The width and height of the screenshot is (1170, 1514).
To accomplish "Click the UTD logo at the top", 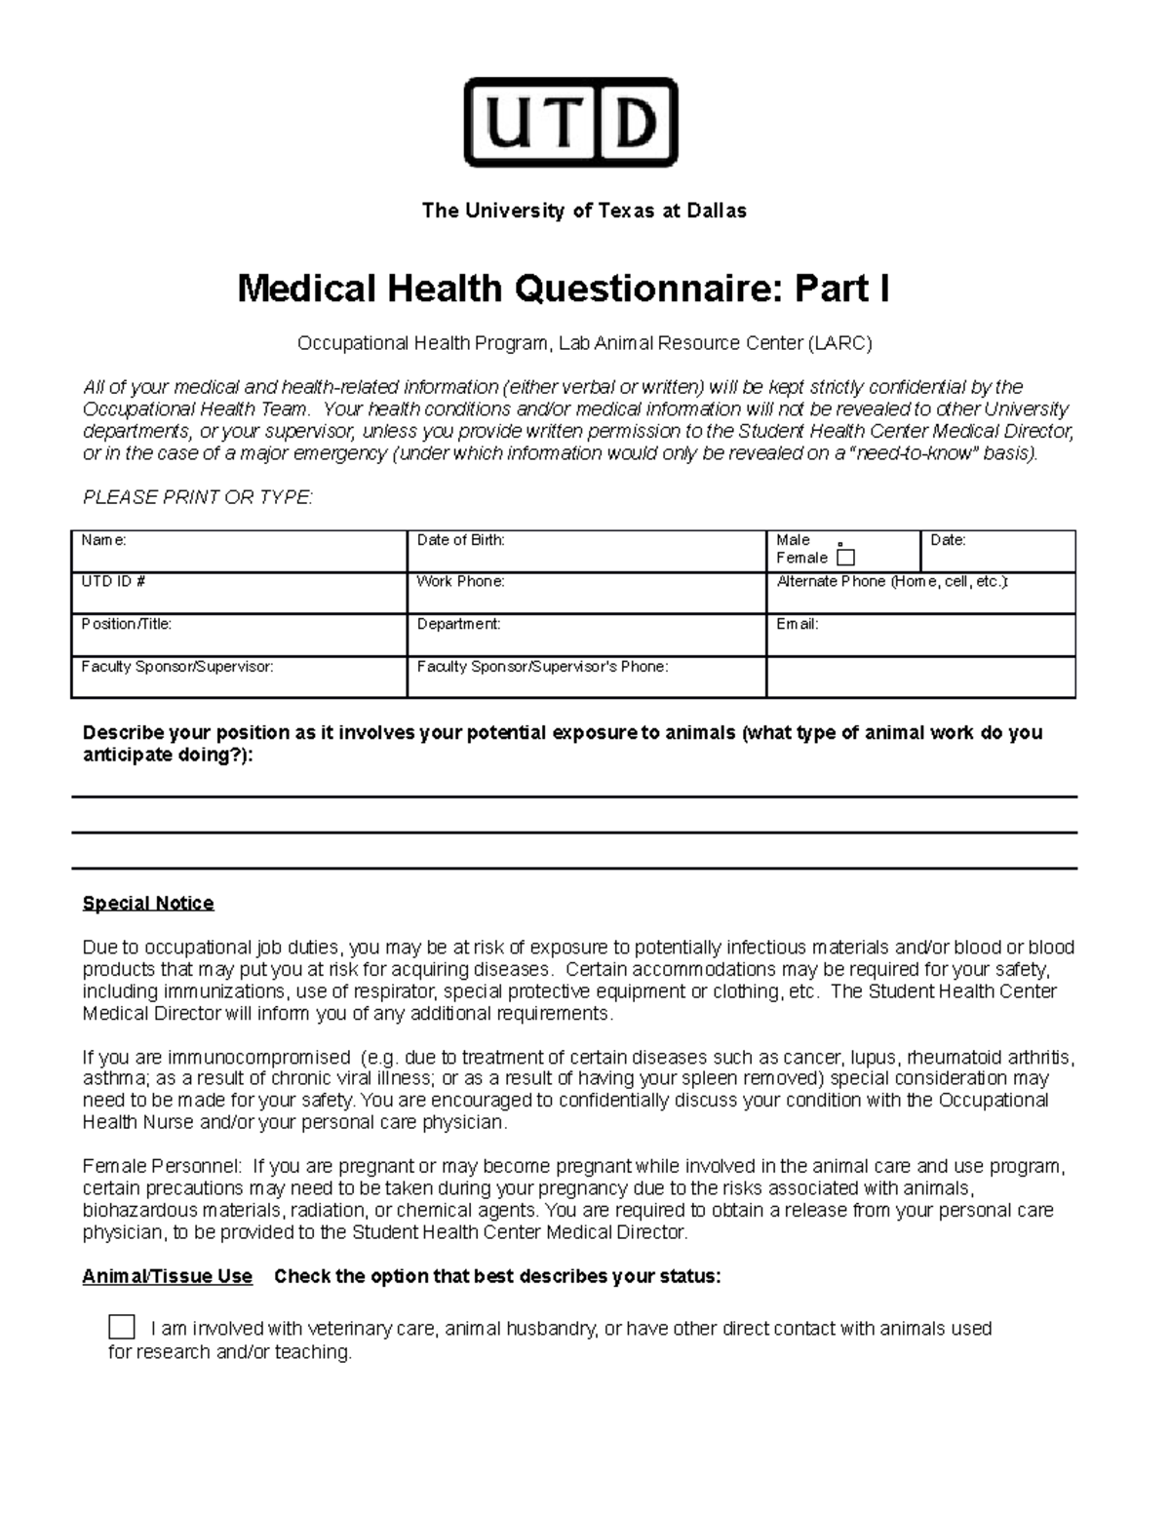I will [x=570, y=123].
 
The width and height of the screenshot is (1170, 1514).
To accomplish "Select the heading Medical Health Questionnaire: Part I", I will [x=563, y=289].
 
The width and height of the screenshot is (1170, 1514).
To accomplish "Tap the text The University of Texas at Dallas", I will [x=583, y=211].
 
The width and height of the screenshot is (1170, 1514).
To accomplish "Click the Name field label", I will [x=103, y=540].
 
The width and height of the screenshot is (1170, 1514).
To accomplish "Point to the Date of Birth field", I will [x=585, y=552].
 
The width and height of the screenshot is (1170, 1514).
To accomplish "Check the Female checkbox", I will [x=845, y=558].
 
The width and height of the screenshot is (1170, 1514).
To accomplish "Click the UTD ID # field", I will [x=238, y=593].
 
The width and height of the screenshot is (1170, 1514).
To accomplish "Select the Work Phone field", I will [x=585, y=593].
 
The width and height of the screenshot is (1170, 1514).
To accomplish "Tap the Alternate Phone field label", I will [x=892, y=582].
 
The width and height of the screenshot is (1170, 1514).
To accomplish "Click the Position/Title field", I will [x=238, y=635].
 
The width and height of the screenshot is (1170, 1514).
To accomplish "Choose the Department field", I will [x=585, y=635].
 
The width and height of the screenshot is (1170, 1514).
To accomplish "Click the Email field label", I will [x=797, y=624].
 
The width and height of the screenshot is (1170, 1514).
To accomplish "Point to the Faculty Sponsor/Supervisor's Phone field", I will [x=585, y=678].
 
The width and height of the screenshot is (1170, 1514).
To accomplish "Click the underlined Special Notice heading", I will [x=148, y=904].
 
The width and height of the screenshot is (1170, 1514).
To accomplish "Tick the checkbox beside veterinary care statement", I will [x=122, y=1327].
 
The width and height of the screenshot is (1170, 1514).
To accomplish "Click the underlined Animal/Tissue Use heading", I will [x=167, y=1276].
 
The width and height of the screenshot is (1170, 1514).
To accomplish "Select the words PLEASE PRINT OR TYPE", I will [x=198, y=497].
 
